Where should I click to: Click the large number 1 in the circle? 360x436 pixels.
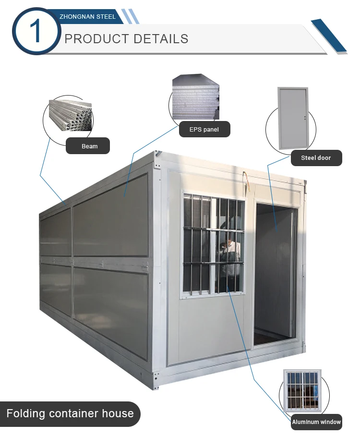[36, 31]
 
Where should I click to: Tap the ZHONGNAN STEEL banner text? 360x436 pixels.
[87, 16]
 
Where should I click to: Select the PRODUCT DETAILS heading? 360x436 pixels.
[126, 38]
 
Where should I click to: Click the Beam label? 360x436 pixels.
[89, 146]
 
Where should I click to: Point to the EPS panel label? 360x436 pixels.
[204, 129]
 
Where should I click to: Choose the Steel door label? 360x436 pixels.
[316, 157]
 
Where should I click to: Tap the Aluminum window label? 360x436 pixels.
[316, 423]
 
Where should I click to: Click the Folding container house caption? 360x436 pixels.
[70, 413]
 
